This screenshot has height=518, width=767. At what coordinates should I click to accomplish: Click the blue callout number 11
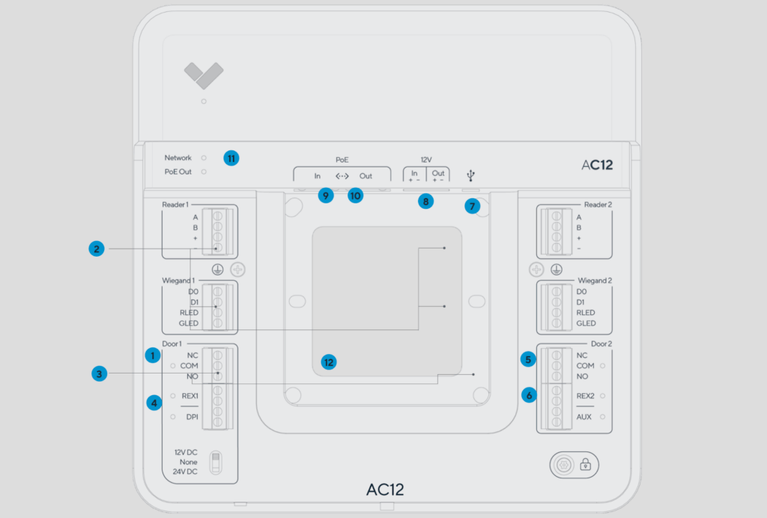[231, 158]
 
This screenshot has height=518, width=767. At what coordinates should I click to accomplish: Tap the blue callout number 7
[472, 206]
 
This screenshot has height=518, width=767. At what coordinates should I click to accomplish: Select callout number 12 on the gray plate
[328, 362]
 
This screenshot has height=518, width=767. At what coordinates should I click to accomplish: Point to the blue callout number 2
[95, 249]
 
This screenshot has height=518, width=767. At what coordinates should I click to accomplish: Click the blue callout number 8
[426, 201]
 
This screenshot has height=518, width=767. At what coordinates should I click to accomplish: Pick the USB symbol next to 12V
[470, 176]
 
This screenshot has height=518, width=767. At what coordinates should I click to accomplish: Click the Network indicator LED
[204, 158]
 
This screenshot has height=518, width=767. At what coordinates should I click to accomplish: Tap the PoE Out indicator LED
[204, 171]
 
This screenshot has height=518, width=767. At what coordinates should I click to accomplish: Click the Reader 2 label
[598, 204]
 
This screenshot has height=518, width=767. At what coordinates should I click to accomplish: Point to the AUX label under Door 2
[585, 416]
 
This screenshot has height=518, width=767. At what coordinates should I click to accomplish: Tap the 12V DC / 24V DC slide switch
[215, 462]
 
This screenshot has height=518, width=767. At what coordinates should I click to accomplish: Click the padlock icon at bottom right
[586, 465]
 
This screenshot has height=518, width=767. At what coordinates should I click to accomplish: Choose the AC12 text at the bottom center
[385, 490]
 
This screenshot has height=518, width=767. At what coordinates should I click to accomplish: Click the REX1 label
[190, 395]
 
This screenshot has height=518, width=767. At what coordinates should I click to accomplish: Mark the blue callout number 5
[529, 359]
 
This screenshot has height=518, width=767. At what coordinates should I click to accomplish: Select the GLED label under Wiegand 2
[586, 323]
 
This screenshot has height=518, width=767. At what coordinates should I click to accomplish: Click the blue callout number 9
[325, 195]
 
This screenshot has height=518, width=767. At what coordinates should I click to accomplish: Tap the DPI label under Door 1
[192, 416]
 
